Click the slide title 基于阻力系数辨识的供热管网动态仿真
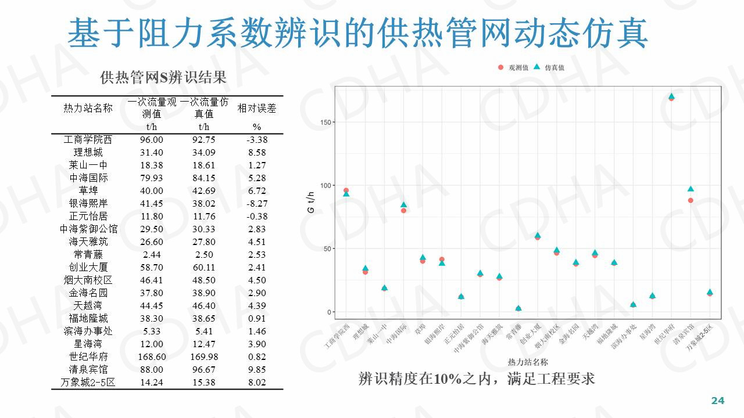(x=357, y=34)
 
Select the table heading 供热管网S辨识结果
(x=163, y=77)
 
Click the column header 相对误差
(x=256, y=109)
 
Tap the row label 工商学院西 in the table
(x=88, y=140)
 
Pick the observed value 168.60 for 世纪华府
(x=151, y=356)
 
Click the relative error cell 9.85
(x=256, y=369)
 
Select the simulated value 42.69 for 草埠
(x=203, y=191)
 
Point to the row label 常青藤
(x=88, y=254)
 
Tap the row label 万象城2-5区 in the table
(x=88, y=382)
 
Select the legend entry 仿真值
(x=549, y=68)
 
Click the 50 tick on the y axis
(x=327, y=249)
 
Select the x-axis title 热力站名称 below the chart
(x=528, y=362)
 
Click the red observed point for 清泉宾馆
(x=691, y=200)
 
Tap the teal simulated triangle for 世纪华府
(x=671, y=96)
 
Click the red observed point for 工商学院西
(x=346, y=190)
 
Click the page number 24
(x=718, y=401)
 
